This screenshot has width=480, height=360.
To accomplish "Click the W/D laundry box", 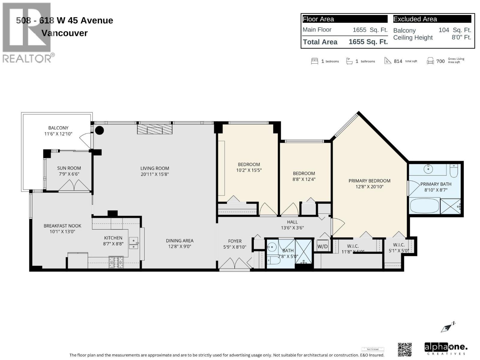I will pyautogui.click(x=322, y=246).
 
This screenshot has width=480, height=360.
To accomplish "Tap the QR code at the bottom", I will pyautogui.click(x=405, y=349).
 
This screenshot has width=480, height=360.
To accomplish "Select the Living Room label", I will pyautogui.click(x=155, y=168).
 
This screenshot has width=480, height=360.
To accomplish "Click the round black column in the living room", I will pyautogui.click(x=99, y=130).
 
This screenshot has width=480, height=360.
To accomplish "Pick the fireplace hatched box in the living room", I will pyautogui.click(x=155, y=129).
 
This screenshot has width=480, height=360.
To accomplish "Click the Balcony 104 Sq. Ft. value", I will pyautogui.click(x=454, y=30).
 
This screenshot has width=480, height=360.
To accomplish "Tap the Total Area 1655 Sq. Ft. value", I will pyautogui.click(x=368, y=42).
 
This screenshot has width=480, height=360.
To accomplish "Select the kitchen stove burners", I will pyautogui.click(x=116, y=262).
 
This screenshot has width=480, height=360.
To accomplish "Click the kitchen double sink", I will pyautogui.click(x=133, y=243).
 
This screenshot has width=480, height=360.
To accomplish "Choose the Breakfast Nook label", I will pyautogui.click(x=62, y=226).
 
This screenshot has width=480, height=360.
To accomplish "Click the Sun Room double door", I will pyautogui.click(x=75, y=185).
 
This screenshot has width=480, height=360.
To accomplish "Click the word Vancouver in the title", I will pyautogui.click(x=64, y=33).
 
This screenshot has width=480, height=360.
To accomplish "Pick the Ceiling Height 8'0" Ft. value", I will pyautogui.click(x=461, y=37).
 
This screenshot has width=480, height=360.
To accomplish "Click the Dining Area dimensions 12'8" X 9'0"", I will pyautogui.click(x=180, y=247).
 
